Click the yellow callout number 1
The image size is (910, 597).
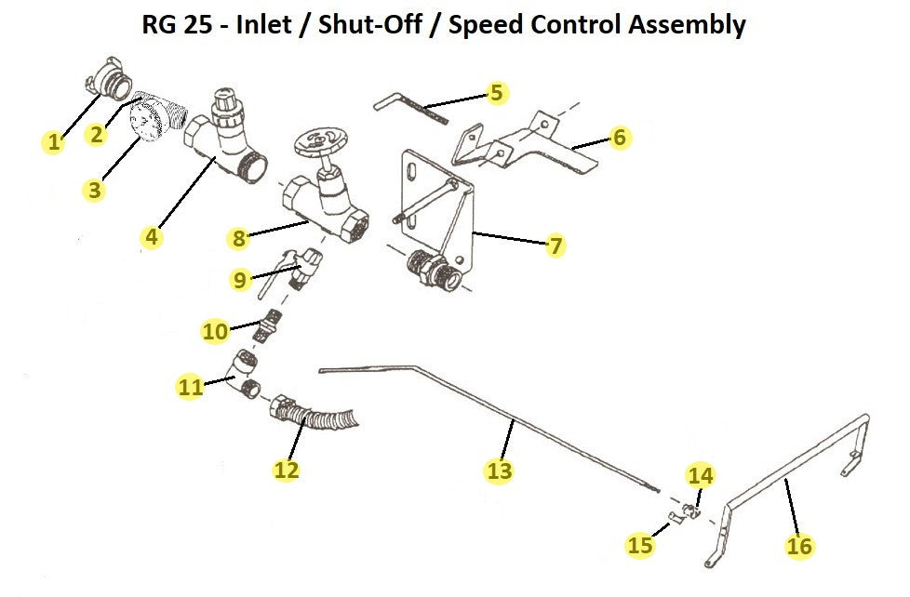pos(54,142)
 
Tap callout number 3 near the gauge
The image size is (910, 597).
pos(94,190)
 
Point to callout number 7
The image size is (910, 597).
pos(555,245)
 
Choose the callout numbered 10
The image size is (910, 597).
pos(215,330)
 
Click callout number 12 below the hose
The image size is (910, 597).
pos(287,470)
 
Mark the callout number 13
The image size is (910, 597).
pos(500,471)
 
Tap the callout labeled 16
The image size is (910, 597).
pos(799,546)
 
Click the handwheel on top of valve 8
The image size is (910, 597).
pos(319,143)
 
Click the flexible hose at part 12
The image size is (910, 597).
pos(326,418)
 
